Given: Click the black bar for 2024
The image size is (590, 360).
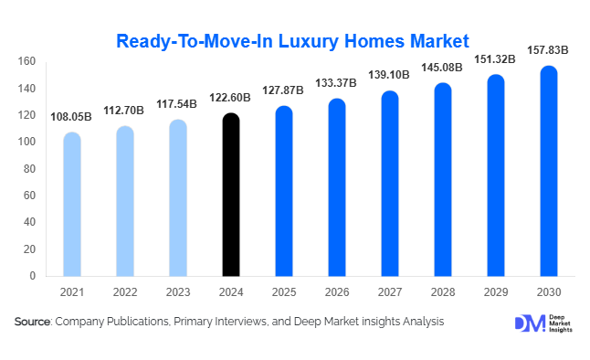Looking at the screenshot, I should [231, 194].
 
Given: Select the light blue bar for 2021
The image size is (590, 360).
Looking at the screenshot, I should [71, 204].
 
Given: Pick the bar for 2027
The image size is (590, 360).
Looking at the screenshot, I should [391, 183].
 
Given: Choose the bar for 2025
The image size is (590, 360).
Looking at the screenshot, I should [284, 191].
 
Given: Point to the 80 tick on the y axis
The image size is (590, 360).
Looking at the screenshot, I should [29, 169].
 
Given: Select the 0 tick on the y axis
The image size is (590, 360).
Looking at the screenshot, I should [32, 276].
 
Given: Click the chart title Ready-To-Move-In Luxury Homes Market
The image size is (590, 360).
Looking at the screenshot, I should [292, 40].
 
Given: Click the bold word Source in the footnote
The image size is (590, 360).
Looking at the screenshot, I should [32, 323].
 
